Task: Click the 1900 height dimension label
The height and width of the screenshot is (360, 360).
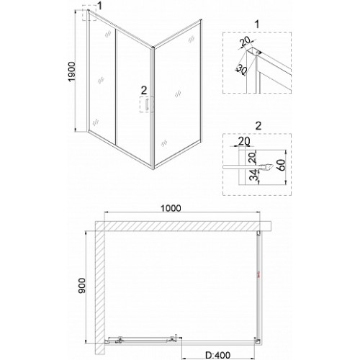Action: pos(72,72)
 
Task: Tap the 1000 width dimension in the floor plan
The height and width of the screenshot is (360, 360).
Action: pos(171,208)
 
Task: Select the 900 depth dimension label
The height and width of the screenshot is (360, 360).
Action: pos(82,286)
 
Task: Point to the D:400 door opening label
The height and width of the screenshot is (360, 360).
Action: pos(218,355)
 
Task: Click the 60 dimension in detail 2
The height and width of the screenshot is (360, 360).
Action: pos(282,165)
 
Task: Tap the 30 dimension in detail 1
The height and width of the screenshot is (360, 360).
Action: pos(241,70)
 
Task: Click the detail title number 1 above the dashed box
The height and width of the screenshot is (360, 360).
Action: pos(257,24)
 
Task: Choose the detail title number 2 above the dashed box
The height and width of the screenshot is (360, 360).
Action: pos(258,126)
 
